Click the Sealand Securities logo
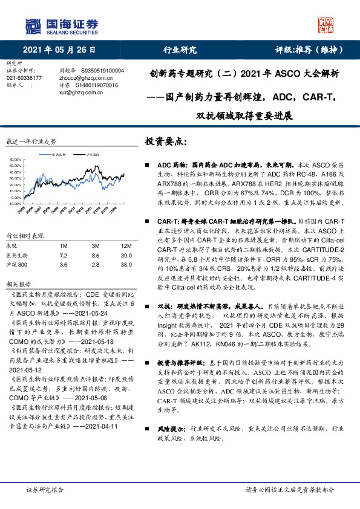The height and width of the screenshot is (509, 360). pos(61,25)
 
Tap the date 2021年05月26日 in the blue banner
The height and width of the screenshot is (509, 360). pos(59,50)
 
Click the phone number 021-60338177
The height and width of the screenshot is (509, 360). pos(24,78)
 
